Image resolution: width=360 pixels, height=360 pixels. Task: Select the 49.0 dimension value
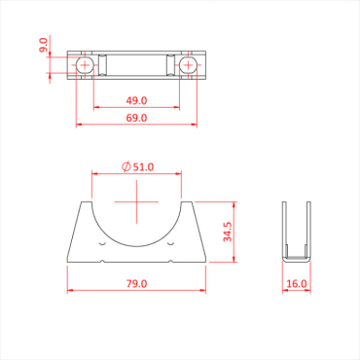click(136, 100)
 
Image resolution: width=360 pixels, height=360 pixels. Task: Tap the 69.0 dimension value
click(136, 118)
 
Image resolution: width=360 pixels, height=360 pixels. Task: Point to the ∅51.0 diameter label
click(138, 167)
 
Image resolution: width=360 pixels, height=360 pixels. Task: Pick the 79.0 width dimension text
click(136, 284)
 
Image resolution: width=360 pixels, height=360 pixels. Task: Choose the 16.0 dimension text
click(297, 284)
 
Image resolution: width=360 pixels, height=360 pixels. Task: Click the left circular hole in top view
click(86, 66)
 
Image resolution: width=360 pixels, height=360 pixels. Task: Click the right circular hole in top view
click(188, 66)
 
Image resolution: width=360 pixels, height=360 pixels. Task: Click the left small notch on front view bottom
click(103, 260)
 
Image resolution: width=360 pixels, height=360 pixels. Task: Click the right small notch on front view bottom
click(171, 260)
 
